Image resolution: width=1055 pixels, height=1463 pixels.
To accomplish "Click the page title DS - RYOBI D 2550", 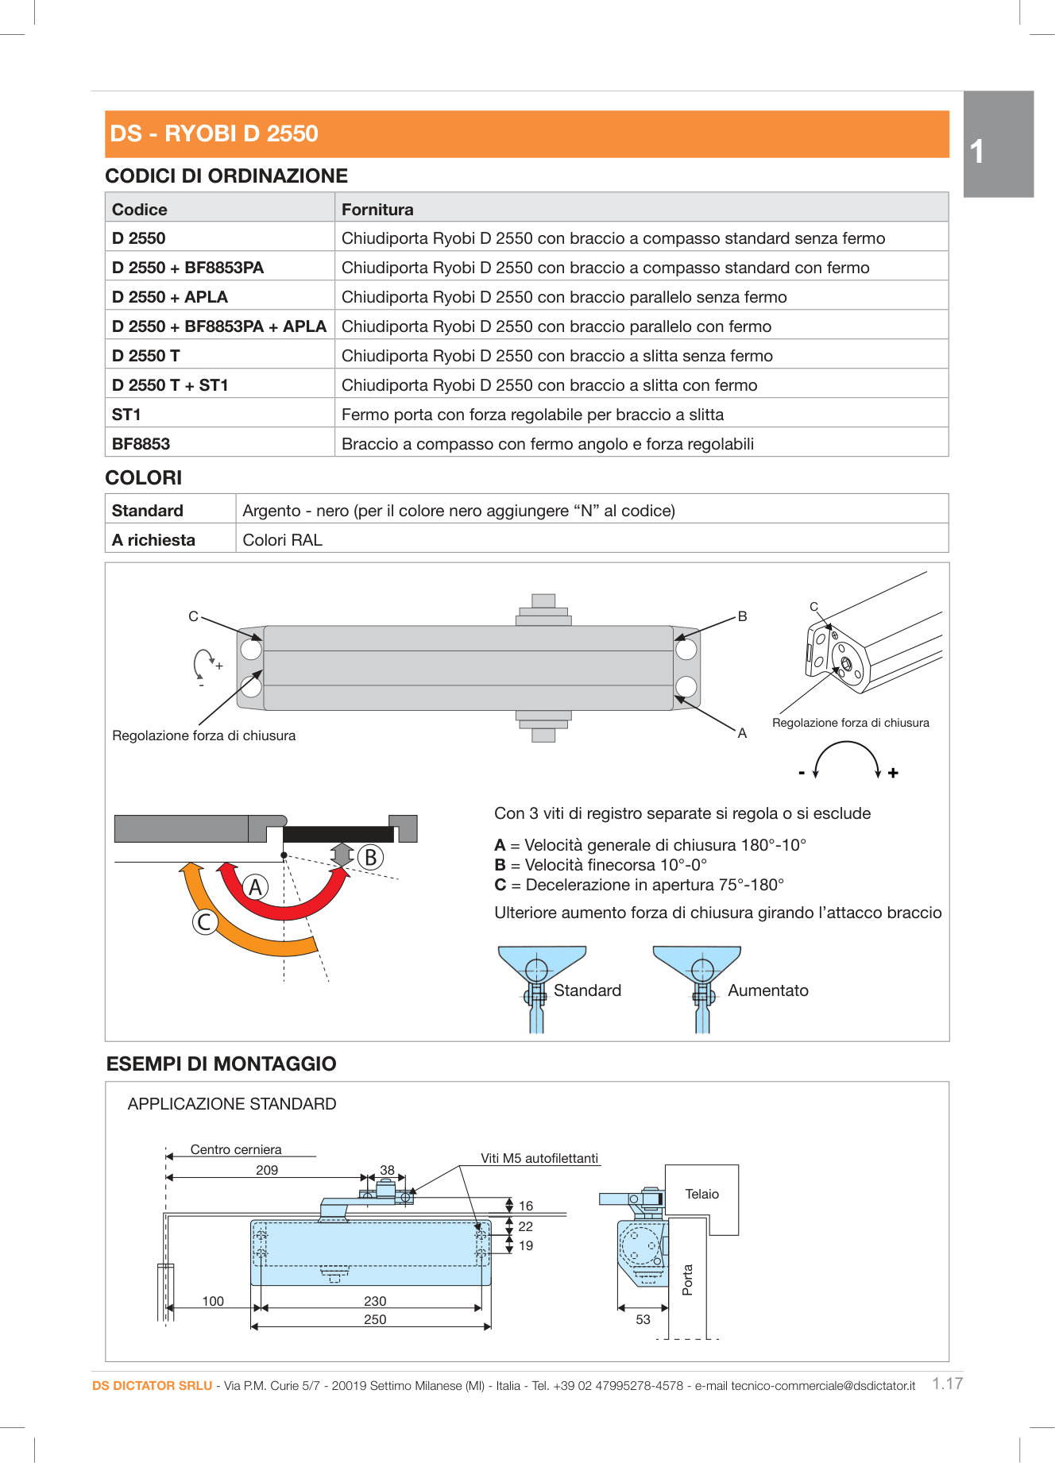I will coord(214,133).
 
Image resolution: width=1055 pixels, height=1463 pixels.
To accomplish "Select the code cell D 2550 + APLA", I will coord(170,297).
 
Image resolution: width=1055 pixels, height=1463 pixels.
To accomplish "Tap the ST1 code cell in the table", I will coord(126,415).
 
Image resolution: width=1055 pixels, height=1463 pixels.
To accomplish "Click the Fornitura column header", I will coord(377,210).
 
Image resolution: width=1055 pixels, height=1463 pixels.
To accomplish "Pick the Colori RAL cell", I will coord(282,540).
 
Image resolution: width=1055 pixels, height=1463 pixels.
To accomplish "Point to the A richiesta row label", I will coord(153,540).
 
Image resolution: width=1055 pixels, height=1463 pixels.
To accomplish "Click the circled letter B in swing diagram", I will coord(370,858).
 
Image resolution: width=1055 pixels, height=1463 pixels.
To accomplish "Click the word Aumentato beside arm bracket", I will coord(767,990).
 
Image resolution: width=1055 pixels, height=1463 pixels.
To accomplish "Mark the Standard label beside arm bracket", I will coord(587,990).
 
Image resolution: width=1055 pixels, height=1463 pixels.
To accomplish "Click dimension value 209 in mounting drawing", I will coord(267,1170).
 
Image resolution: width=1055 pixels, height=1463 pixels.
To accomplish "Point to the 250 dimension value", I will coord(375,1319).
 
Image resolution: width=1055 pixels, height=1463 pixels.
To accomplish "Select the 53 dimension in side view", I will coord(643,1319).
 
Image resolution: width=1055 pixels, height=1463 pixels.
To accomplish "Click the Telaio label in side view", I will coord(701,1195).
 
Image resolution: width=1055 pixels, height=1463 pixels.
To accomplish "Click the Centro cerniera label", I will coord(236,1149).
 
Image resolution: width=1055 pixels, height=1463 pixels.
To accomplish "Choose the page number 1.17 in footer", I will coord(947,1384).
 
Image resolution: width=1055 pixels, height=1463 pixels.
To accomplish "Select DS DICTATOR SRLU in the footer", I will coord(152,1386).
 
